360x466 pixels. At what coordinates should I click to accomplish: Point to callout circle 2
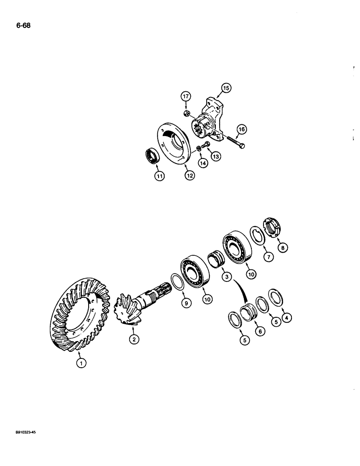pos(134,340)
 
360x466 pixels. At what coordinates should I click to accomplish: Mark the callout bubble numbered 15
pos(226,87)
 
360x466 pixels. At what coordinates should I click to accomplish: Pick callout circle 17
pos(186,97)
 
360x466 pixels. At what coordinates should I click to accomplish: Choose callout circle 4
pos(288,317)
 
